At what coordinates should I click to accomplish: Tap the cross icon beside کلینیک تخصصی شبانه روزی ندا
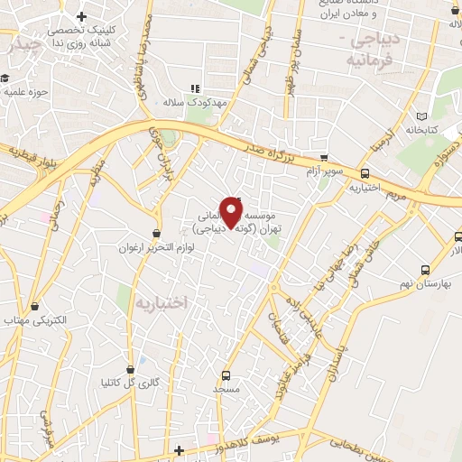point(82,16)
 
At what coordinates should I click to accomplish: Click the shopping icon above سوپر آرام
point(324,158)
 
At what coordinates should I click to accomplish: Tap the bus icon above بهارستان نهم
point(425,270)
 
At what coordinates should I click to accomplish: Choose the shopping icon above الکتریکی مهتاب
point(35,307)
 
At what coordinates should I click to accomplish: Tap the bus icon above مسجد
point(226,374)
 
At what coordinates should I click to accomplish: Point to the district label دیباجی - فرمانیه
point(370,53)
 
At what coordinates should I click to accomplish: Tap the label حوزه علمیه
point(24,91)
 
